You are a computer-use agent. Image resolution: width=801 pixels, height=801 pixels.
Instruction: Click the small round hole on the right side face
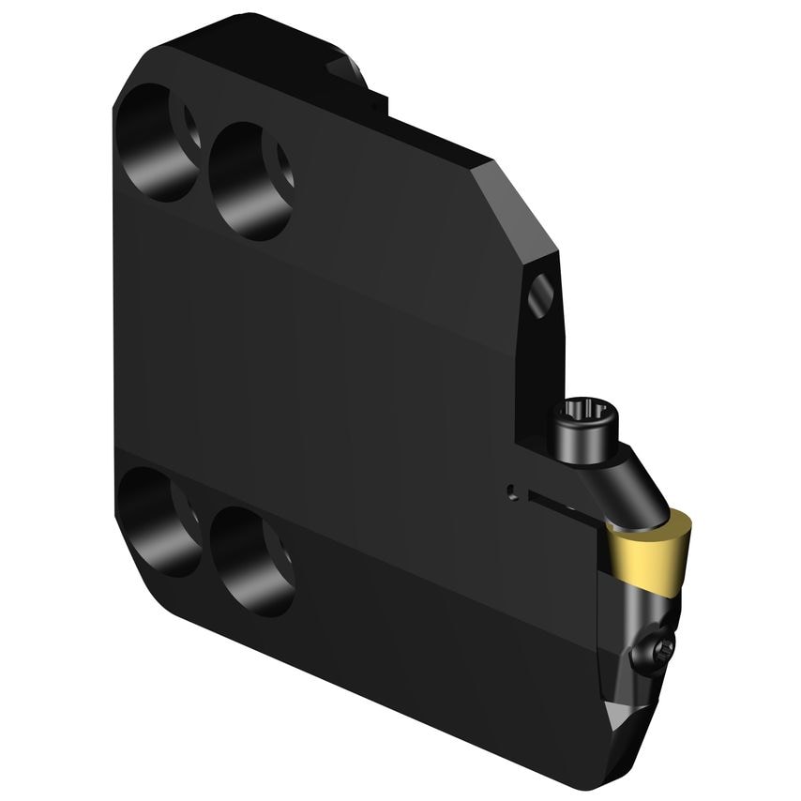tap(542, 299)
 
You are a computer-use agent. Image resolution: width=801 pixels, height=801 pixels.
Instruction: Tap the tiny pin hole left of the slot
tap(511, 490)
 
